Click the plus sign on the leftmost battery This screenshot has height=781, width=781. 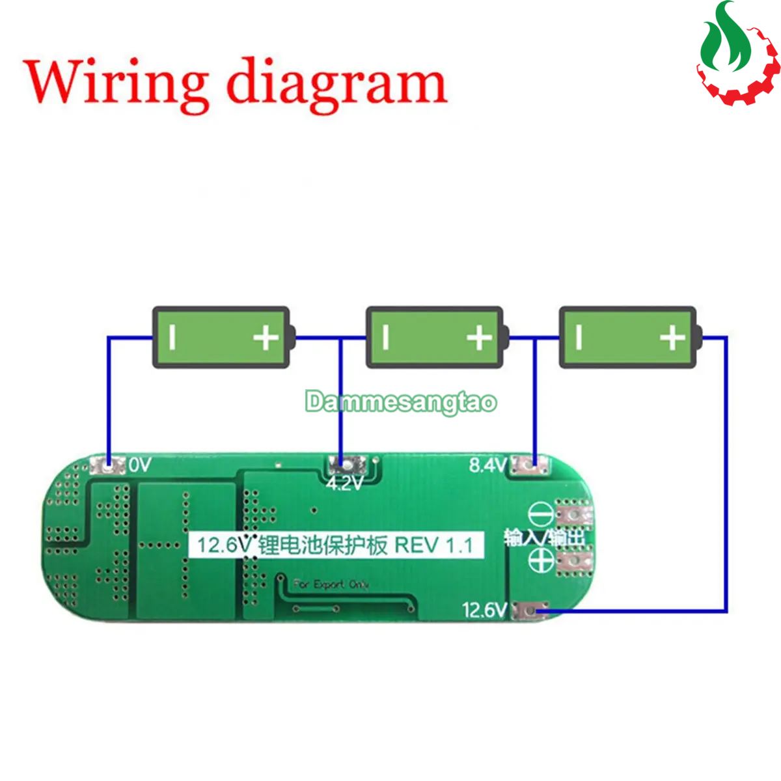pos(266,337)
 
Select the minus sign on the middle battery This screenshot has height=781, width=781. pos(386,337)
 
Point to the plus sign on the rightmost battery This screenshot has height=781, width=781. pos(672,337)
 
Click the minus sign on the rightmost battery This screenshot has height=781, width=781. pos(579,337)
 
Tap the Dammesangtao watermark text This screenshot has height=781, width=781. pos(401,402)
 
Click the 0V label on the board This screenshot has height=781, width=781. pos(140,465)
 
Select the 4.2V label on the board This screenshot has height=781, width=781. pos(344,484)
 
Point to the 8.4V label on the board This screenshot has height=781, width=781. pos(488,465)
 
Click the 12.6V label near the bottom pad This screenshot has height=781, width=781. pos(484,610)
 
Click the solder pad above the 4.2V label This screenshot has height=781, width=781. pos(340,464)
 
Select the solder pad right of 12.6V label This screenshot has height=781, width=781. pos(531,610)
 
